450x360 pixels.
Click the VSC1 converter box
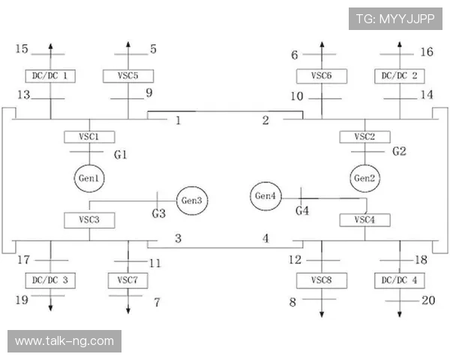[x=89, y=137]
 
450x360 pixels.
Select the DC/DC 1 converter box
[x=50, y=76]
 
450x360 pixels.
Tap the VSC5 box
[x=128, y=76]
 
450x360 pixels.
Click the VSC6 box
[x=322, y=76]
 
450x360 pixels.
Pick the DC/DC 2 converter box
[x=400, y=76]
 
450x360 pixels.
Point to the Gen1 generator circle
[x=89, y=178]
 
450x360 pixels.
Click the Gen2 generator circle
[x=364, y=178]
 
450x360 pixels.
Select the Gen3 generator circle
[x=192, y=201]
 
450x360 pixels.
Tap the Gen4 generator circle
[x=265, y=196]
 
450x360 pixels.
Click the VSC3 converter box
[x=89, y=220]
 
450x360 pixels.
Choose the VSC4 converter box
[x=365, y=220]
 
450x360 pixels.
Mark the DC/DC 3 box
[x=50, y=280]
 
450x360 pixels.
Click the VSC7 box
[x=128, y=280]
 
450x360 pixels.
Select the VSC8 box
[x=322, y=280]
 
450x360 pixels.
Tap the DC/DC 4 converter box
[x=400, y=280]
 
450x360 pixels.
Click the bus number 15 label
[x=22, y=49]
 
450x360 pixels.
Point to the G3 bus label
[x=159, y=213]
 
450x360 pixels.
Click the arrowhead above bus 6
[x=322, y=44]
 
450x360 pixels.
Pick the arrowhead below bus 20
[x=400, y=314]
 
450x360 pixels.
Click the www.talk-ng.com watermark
[x=64, y=341]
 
